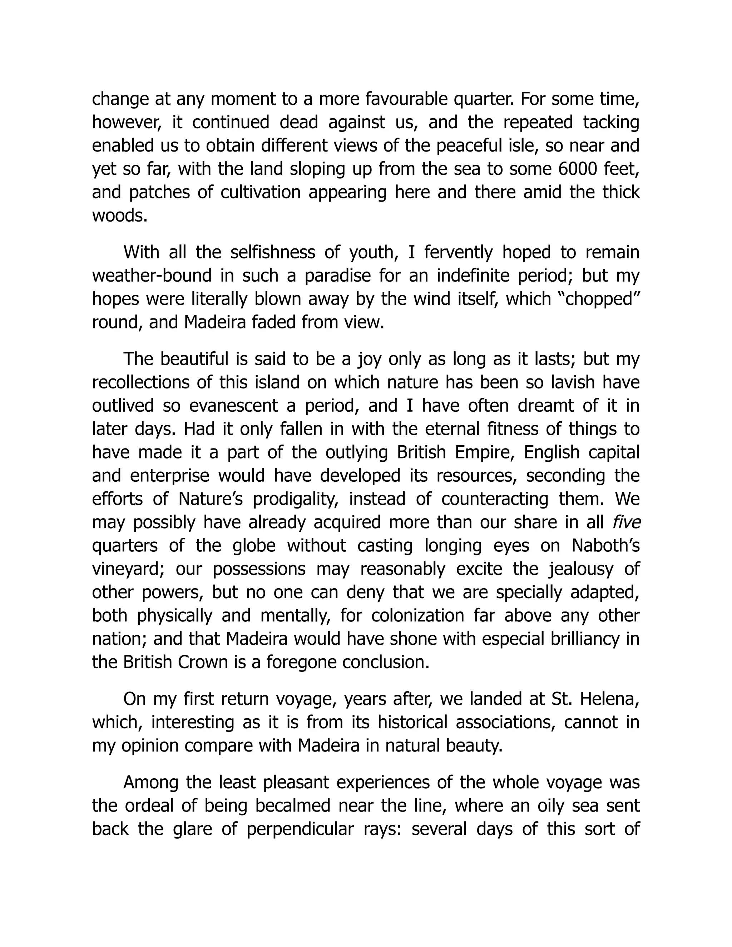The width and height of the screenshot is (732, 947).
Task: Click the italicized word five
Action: tap(626, 522)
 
